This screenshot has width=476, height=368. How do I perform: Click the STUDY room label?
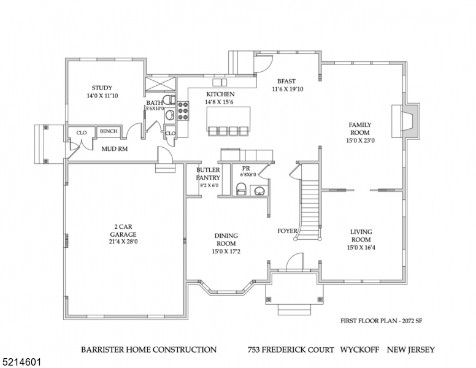coord(102,88)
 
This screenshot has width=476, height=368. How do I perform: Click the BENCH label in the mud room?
coord(109,131)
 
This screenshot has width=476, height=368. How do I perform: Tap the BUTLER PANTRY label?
coord(208,174)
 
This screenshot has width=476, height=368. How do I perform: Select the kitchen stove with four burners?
coord(183,110)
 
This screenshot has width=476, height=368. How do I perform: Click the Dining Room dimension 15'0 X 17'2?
coord(226,251)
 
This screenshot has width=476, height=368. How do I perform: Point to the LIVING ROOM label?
coord(361,236)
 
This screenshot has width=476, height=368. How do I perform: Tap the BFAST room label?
coord(286,81)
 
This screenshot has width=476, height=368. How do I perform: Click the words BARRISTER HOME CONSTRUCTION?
coord(148,350)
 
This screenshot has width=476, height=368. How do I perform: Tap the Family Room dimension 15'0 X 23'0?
coord(361,140)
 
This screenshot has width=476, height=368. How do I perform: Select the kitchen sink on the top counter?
coord(220,82)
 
